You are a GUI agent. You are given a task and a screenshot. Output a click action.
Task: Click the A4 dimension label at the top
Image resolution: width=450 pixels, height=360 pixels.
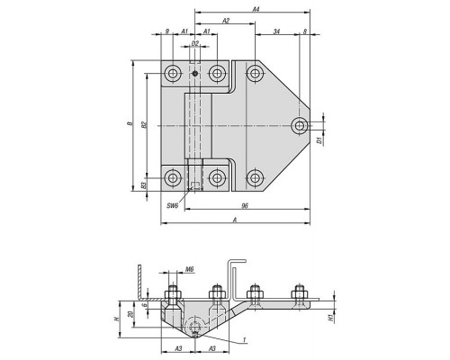click(x=256, y=9)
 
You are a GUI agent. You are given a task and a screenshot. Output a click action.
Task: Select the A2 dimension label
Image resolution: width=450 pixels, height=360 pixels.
click(x=226, y=21)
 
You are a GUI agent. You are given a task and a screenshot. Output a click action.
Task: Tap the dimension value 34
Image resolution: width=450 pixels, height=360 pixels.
click(x=277, y=31)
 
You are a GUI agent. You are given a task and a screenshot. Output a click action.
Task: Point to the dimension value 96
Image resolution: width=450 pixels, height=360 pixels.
click(x=245, y=206)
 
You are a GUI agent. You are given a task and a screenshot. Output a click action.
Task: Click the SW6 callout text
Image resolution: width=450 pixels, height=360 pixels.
click(x=173, y=205)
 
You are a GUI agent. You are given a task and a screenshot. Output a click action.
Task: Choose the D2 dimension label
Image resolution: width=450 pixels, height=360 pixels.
click(x=195, y=43)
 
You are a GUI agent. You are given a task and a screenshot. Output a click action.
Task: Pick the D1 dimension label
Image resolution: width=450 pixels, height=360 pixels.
click(x=319, y=139)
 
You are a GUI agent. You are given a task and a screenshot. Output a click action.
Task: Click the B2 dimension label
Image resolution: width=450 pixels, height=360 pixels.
click(x=144, y=125)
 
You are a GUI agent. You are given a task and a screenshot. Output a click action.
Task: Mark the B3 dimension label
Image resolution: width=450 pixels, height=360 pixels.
click(x=144, y=185)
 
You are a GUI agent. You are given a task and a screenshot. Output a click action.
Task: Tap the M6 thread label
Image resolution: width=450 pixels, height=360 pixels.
click(x=189, y=269)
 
